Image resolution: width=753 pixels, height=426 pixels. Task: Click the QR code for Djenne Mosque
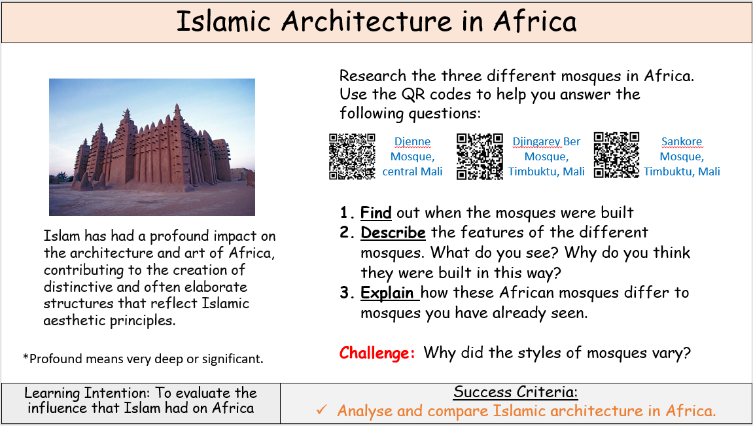(352, 156)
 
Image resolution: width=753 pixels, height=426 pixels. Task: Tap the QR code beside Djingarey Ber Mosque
(480, 156)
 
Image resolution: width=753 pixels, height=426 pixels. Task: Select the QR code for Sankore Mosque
(617, 155)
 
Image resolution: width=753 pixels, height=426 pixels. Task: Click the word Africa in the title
(535, 22)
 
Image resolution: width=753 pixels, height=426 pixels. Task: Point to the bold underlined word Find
(376, 212)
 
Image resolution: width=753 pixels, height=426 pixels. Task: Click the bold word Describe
(393, 232)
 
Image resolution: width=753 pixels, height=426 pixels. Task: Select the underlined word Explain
(387, 293)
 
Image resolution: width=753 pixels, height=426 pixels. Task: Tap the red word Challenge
(377, 353)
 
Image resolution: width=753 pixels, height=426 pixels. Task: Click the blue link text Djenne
(413, 142)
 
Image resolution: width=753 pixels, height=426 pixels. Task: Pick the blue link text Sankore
(682, 142)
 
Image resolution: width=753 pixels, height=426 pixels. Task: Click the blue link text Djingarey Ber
(546, 142)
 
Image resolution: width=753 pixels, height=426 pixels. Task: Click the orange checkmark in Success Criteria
(322, 410)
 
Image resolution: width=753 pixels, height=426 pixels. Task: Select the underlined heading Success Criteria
(516, 392)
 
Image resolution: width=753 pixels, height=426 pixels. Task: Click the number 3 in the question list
(345, 293)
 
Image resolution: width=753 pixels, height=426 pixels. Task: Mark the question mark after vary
(686, 353)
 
